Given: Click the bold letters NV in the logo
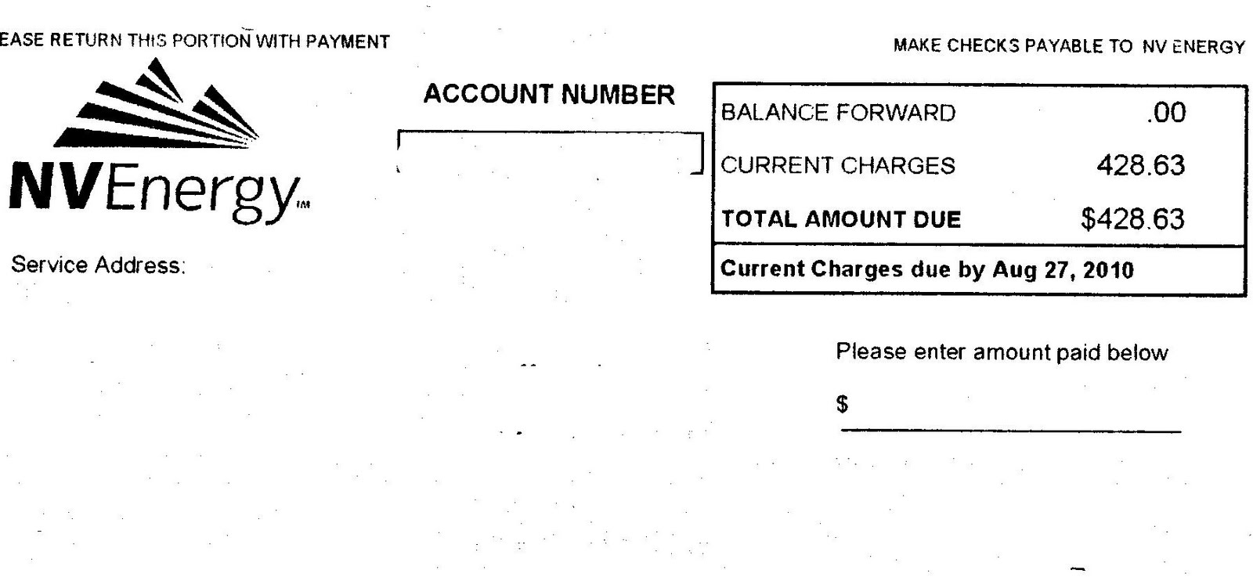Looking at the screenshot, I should tap(52, 189).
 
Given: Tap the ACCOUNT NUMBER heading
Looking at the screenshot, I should tap(548, 95).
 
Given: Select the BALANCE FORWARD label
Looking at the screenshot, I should tap(838, 113).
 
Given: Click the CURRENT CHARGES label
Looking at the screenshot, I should tap(838, 165).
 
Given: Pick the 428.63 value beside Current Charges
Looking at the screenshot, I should tap(1140, 165).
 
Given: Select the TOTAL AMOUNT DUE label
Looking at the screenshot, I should tap(841, 219).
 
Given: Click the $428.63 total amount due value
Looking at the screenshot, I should tap(1132, 219).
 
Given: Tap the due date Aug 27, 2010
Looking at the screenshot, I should tap(1063, 270).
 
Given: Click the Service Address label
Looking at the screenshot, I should tap(98, 265).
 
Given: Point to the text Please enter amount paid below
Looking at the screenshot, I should tap(1002, 352).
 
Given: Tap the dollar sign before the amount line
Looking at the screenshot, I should tap(843, 404).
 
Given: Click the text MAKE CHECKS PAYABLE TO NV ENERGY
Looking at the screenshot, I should tap(1068, 46).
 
